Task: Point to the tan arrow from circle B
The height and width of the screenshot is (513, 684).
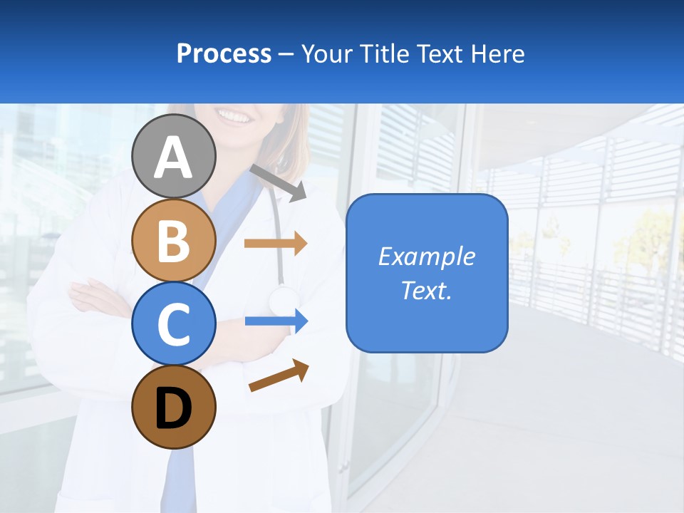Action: (x=275, y=243)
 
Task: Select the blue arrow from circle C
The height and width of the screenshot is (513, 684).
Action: (x=276, y=321)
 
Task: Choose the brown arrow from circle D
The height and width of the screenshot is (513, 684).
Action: (x=279, y=375)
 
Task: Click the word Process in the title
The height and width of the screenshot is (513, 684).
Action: (x=224, y=53)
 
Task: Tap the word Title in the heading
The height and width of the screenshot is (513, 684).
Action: (x=382, y=53)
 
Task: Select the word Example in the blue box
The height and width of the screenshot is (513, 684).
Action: (x=426, y=256)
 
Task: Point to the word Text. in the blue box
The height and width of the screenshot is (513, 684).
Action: (x=426, y=290)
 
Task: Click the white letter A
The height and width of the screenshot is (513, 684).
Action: (x=174, y=157)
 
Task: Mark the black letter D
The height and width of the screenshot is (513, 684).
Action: (x=174, y=408)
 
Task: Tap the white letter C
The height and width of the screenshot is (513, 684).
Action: (x=174, y=325)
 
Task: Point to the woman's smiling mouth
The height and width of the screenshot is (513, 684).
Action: (x=235, y=114)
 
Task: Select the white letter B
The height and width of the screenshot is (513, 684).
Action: (x=174, y=241)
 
